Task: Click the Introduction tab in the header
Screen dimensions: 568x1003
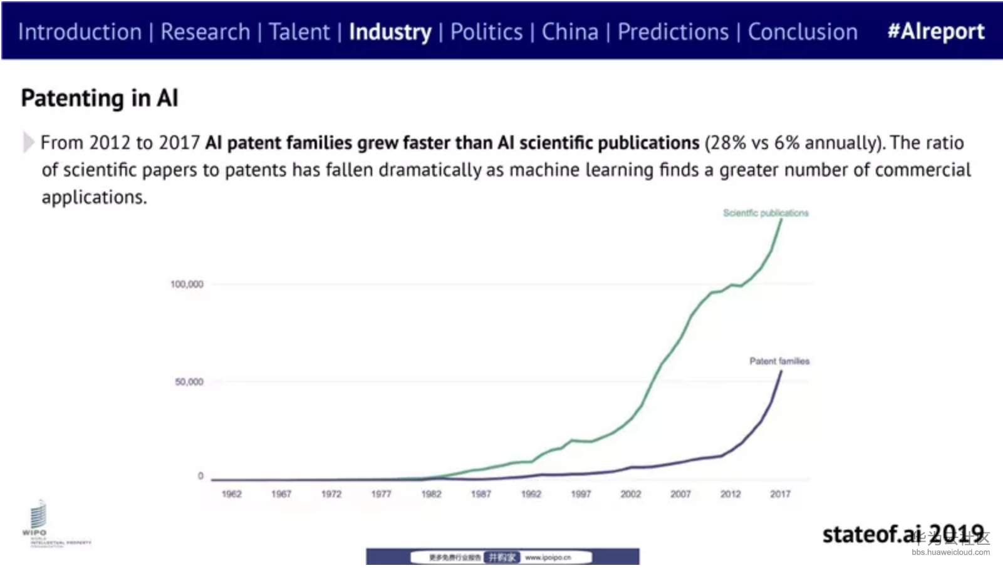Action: [80, 32]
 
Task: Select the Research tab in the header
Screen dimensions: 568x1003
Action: [205, 32]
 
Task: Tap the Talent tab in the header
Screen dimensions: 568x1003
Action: [299, 32]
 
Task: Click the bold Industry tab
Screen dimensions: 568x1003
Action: [390, 32]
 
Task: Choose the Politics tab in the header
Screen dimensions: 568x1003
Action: [486, 32]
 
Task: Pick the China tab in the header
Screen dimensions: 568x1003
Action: [569, 32]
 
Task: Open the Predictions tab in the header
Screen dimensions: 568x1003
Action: [673, 32]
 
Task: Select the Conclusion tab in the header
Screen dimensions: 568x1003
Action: [803, 32]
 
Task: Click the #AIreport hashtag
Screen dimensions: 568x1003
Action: [935, 31]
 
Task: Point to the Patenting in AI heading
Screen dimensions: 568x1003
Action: [100, 98]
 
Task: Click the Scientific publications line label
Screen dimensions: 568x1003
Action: [766, 213]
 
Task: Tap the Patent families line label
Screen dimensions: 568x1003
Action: [779, 361]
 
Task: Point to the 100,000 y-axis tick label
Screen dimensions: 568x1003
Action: [187, 284]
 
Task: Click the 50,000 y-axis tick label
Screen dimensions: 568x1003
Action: [189, 381]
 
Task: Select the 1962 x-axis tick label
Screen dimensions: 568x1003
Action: [231, 494]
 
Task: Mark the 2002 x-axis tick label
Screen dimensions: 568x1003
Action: [630, 494]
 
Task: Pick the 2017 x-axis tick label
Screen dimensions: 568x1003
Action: [780, 494]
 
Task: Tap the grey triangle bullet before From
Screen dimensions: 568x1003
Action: [28, 142]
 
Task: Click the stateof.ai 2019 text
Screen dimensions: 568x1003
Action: [902, 534]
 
